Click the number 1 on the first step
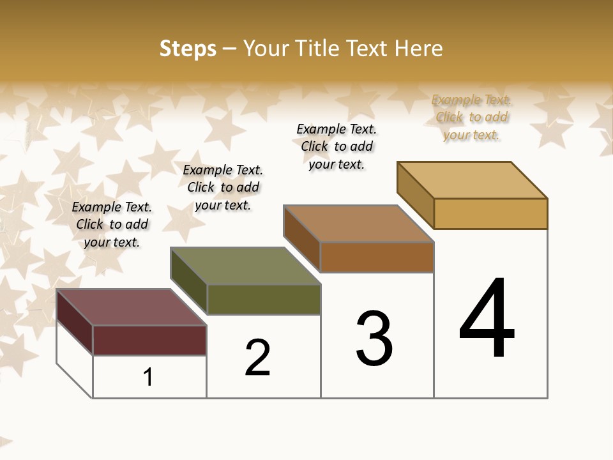[x=148, y=377]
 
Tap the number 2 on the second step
[x=258, y=357]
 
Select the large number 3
[x=374, y=339]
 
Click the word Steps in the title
[x=188, y=49]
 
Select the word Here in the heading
[x=418, y=49]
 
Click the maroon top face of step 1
[x=131, y=307]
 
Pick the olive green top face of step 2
[x=246, y=266]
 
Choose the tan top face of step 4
[x=473, y=180]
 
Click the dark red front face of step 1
[x=149, y=340]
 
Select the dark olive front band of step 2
[x=264, y=299]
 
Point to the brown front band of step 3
[x=377, y=257]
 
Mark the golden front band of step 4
[x=490, y=213]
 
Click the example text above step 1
[x=112, y=224]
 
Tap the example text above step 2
[x=223, y=187]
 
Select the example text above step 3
[x=337, y=146]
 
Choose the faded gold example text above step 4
[x=471, y=117]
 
